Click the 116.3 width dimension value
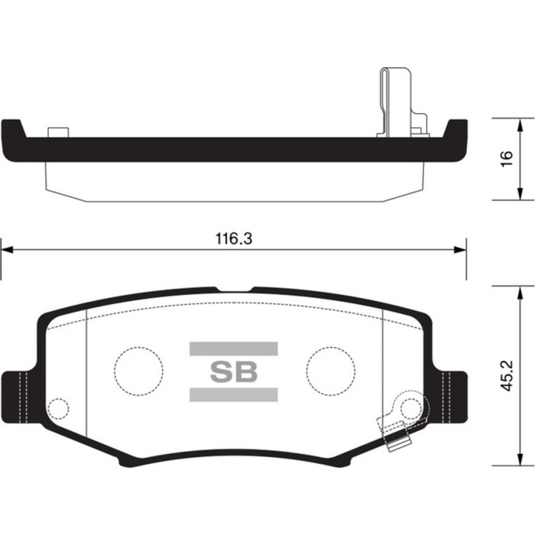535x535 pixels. click(233, 238)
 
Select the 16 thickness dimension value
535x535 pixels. click(504, 159)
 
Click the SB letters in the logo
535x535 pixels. click(233, 372)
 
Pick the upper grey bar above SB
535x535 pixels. click(233, 349)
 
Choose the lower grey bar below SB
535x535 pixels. click(233, 395)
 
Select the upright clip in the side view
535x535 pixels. click(391, 99)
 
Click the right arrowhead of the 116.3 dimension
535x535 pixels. click(462, 249)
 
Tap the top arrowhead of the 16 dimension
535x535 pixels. click(521, 123)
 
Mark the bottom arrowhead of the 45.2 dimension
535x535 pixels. click(521, 462)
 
